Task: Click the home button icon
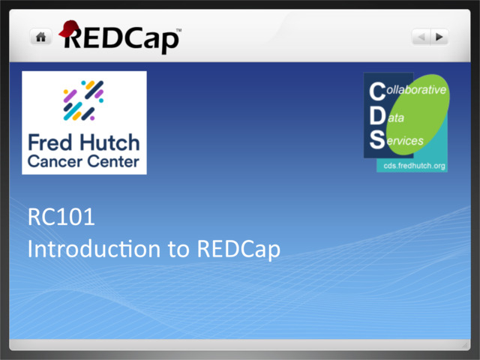click(x=40, y=37)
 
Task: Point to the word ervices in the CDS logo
click(x=406, y=140)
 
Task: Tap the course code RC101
click(x=61, y=220)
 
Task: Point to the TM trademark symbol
click(x=178, y=31)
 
